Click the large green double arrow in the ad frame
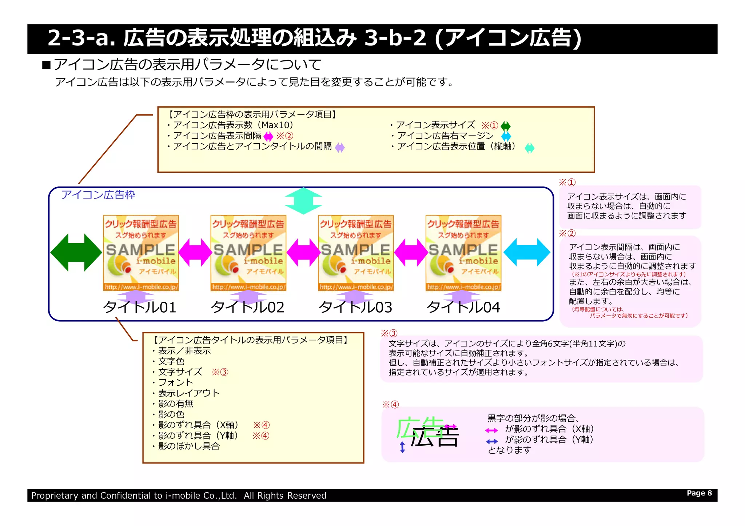[76, 253]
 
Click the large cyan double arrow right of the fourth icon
[526, 252]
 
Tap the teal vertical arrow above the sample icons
[303, 201]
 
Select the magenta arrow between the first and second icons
[195, 253]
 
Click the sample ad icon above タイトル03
[355, 253]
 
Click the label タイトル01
[140, 308]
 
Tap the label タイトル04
[463, 308]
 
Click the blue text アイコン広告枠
[98, 195]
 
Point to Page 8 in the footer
[699, 493]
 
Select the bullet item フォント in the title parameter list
[176, 382]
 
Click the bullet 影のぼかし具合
[189, 446]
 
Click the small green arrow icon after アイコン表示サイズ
[506, 126]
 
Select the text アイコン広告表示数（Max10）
[233, 125]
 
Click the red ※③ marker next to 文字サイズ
[220, 372]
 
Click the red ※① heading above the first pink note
[567, 182]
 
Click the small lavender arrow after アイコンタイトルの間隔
[340, 148]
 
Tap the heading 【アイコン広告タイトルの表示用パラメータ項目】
[251, 340]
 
